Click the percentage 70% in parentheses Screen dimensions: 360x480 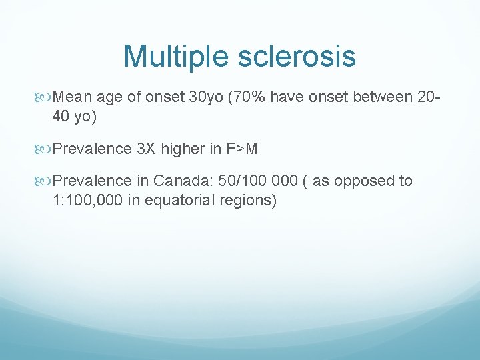tap(250, 97)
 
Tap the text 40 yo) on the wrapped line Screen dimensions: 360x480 tap(74, 117)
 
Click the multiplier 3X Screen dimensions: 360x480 tap(146, 149)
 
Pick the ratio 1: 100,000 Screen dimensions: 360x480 tap(87, 200)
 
